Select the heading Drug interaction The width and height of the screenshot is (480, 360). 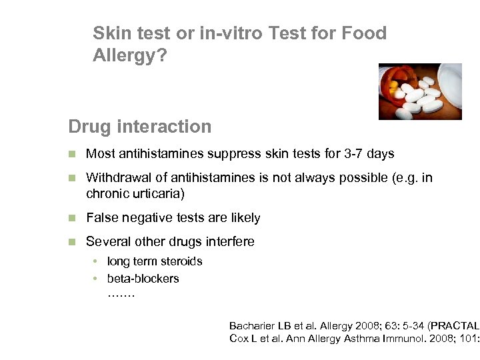coord(139,127)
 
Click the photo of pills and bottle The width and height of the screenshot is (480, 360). coord(420,91)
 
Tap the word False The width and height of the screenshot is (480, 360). coord(102,218)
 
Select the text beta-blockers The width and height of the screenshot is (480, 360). coord(143,279)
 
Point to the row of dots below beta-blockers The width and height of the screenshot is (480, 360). coord(121,293)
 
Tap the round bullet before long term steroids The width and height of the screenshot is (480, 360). coord(97,261)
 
